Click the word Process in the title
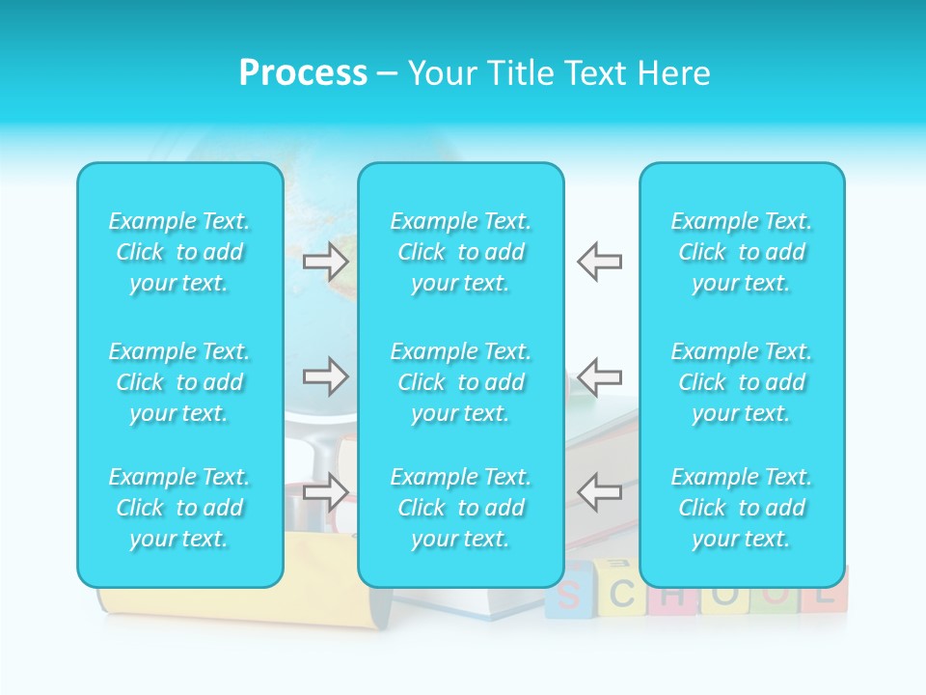tap(303, 73)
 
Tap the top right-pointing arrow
tap(325, 262)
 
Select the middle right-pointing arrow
tap(325, 376)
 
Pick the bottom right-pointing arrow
tap(325, 492)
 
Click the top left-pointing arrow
tap(599, 262)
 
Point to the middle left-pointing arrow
tap(599, 376)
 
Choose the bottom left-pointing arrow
tap(599, 492)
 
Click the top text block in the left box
tap(179, 252)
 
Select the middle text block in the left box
tap(179, 382)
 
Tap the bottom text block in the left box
tap(179, 508)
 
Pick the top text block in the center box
tap(461, 252)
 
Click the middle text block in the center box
tap(461, 382)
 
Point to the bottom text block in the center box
tap(461, 508)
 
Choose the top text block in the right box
tap(742, 252)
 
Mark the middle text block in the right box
tap(742, 382)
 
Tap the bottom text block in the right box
tap(742, 508)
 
